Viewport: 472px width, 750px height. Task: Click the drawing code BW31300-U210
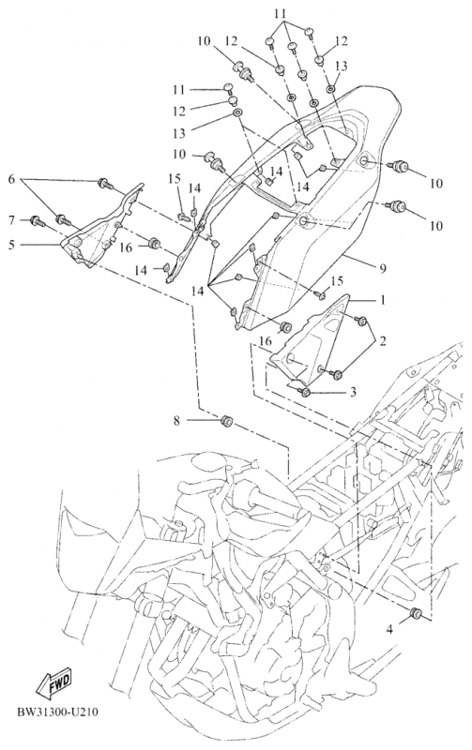tap(57, 712)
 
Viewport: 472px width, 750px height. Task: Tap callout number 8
tap(176, 421)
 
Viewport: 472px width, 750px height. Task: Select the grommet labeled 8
tap(226, 421)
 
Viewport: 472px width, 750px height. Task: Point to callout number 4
tap(389, 630)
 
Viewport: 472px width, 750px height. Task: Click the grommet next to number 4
tap(416, 613)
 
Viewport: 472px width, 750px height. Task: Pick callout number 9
tap(383, 268)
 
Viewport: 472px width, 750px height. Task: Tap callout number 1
tap(383, 300)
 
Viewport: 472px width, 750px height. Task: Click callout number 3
tap(353, 392)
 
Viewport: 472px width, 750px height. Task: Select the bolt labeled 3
tap(304, 392)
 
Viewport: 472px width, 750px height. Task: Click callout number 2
tap(383, 341)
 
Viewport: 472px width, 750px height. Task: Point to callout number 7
tap(12, 220)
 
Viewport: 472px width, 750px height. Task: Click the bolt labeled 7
tap(37, 221)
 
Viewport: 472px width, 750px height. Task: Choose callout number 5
tap(11, 245)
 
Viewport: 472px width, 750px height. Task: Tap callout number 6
tap(11, 179)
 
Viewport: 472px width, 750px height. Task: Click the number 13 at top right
tap(341, 66)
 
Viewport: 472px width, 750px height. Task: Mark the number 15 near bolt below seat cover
tap(337, 279)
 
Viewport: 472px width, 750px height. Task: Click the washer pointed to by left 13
tap(237, 113)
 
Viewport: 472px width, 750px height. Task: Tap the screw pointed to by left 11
tap(228, 87)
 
